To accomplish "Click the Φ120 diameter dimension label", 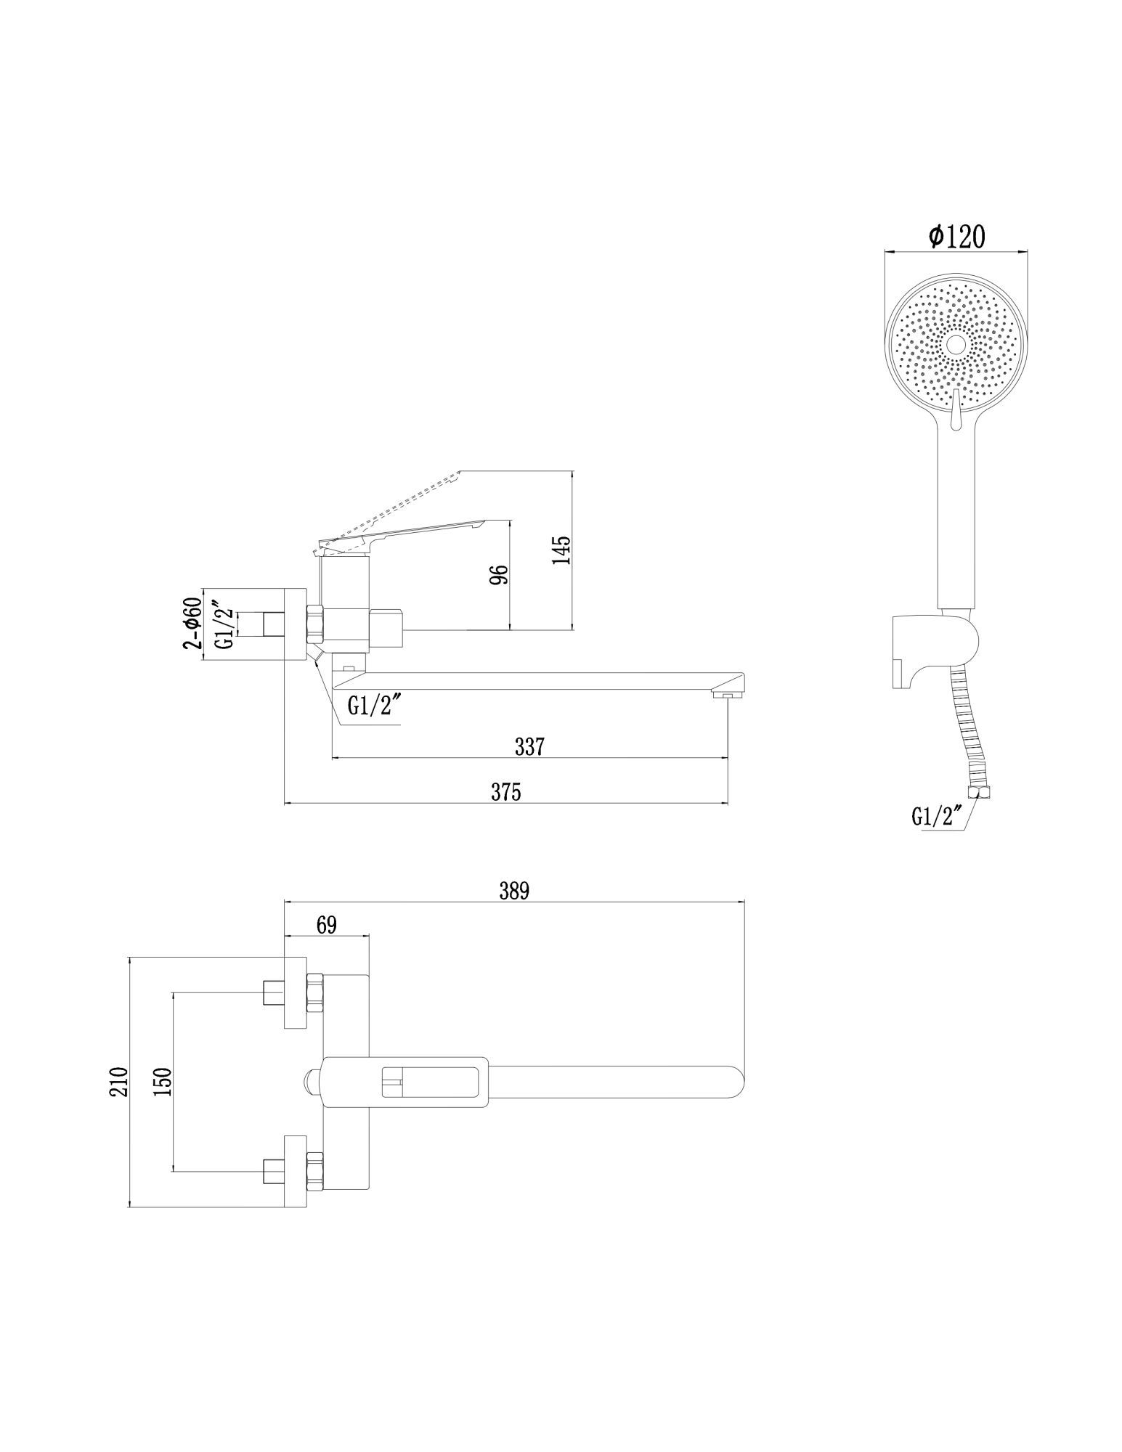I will pyautogui.click(x=956, y=237).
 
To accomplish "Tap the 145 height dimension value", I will pyautogui.click(x=562, y=550).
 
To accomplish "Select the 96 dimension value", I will pyautogui.click(x=499, y=574).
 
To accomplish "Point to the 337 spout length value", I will pyautogui.click(x=529, y=746).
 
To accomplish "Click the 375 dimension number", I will pyautogui.click(x=506, y=791).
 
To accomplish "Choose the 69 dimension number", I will pyautogui.click(x=326, y=924).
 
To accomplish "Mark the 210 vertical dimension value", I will pyautogui.click(x=120, y=1082).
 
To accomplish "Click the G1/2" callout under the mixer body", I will pyautogui.click(x=373, y=706).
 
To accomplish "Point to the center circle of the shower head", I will pyautogui.click(x=956, y=344).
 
